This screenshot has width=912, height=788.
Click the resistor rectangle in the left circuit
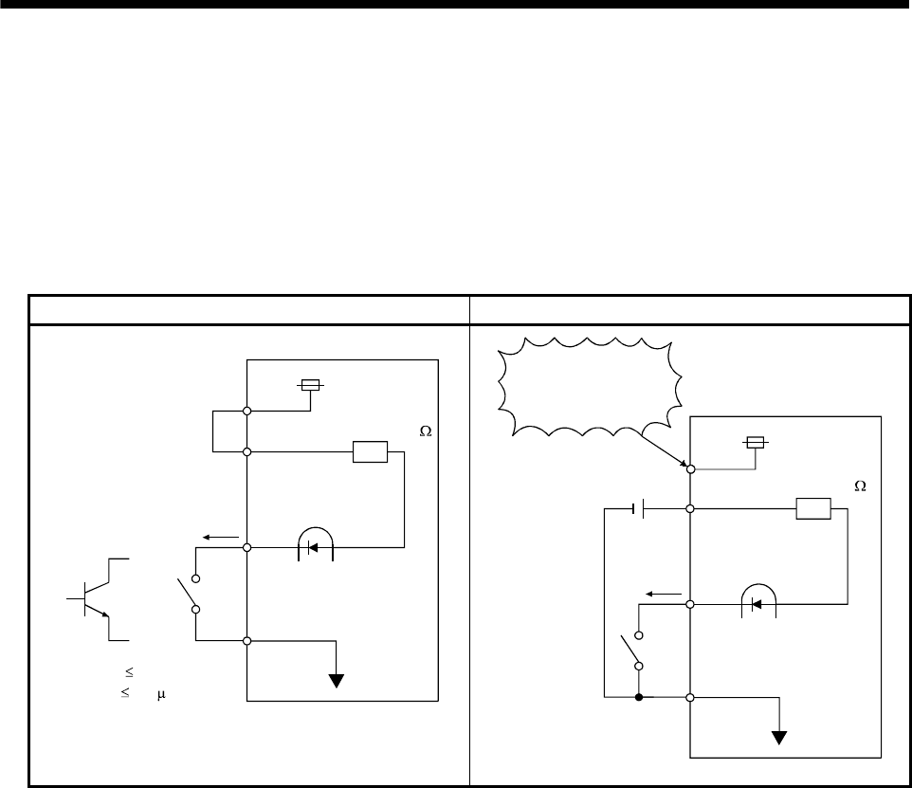tap(370, 452)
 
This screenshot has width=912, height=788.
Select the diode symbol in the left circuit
tap(315, 547)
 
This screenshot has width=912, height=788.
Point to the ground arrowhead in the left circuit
tap(336, 678)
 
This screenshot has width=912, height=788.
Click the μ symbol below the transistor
tap(161, 693)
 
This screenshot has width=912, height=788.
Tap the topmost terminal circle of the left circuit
tap(246, 411)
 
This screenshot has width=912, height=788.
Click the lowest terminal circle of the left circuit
tap(246, 642)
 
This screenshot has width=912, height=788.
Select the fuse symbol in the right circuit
tap(755, 442)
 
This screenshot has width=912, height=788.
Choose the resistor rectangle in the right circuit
tap(813, 509)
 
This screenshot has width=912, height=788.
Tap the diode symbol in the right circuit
tap(757, 603)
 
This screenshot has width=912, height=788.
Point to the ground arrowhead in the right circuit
tap(779, 735)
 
